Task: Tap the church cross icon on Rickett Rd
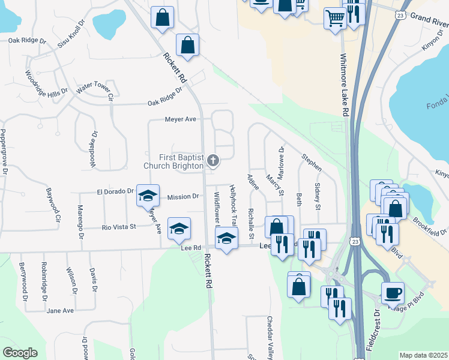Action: [212, 160]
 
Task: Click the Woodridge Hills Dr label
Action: [42, 86]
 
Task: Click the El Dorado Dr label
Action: [115, 191]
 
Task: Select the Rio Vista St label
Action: [119, 227]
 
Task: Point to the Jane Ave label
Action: [60, 310]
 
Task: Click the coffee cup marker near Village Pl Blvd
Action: [393, 293]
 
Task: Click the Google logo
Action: [20, 353]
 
